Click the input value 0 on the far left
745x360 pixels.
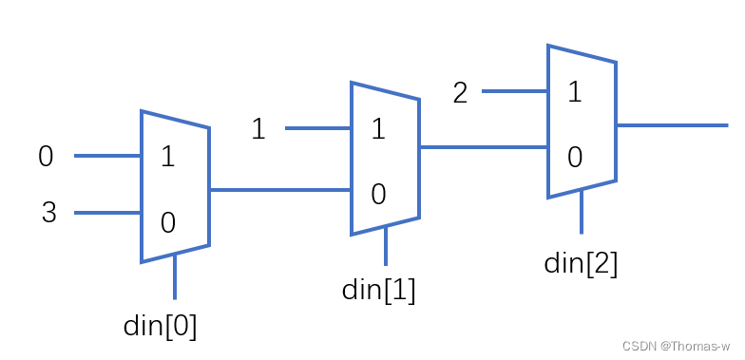pyautogui.click(x=46, y=157)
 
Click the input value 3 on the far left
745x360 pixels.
pyautogui.click(x=48, y=213)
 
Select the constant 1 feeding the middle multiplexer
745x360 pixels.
pyautogui.click(x=258, y=128)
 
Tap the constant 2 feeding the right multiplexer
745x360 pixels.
pyautogui.click(x=460, y=93)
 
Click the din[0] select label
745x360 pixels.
pyautogui.click(x=161, y=326)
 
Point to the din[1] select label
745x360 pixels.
pyautogui.click(x=378, y=290)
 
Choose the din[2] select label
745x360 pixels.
pyautogui.click(x=581, y=262)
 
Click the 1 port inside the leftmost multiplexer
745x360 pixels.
pyautogui.click(x=168, y=157)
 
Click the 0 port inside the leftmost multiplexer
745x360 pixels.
pyautogui.click(x=168, y=223)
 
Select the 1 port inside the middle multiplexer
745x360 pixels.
pyautogui.click(x=377, y=128)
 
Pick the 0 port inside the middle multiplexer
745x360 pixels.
pyautogui.click(x=377, y=195)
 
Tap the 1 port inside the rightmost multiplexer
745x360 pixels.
pyautogui.click(x=574, y=92)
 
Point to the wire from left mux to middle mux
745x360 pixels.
pyautogui.click(x=279, y=190)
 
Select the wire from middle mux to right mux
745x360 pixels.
pyautogui.click(x=483, y=147)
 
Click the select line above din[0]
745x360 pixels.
pyautogui.click(x=175, y=276)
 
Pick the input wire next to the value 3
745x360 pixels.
pyautogui.click(x=107, y=213)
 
